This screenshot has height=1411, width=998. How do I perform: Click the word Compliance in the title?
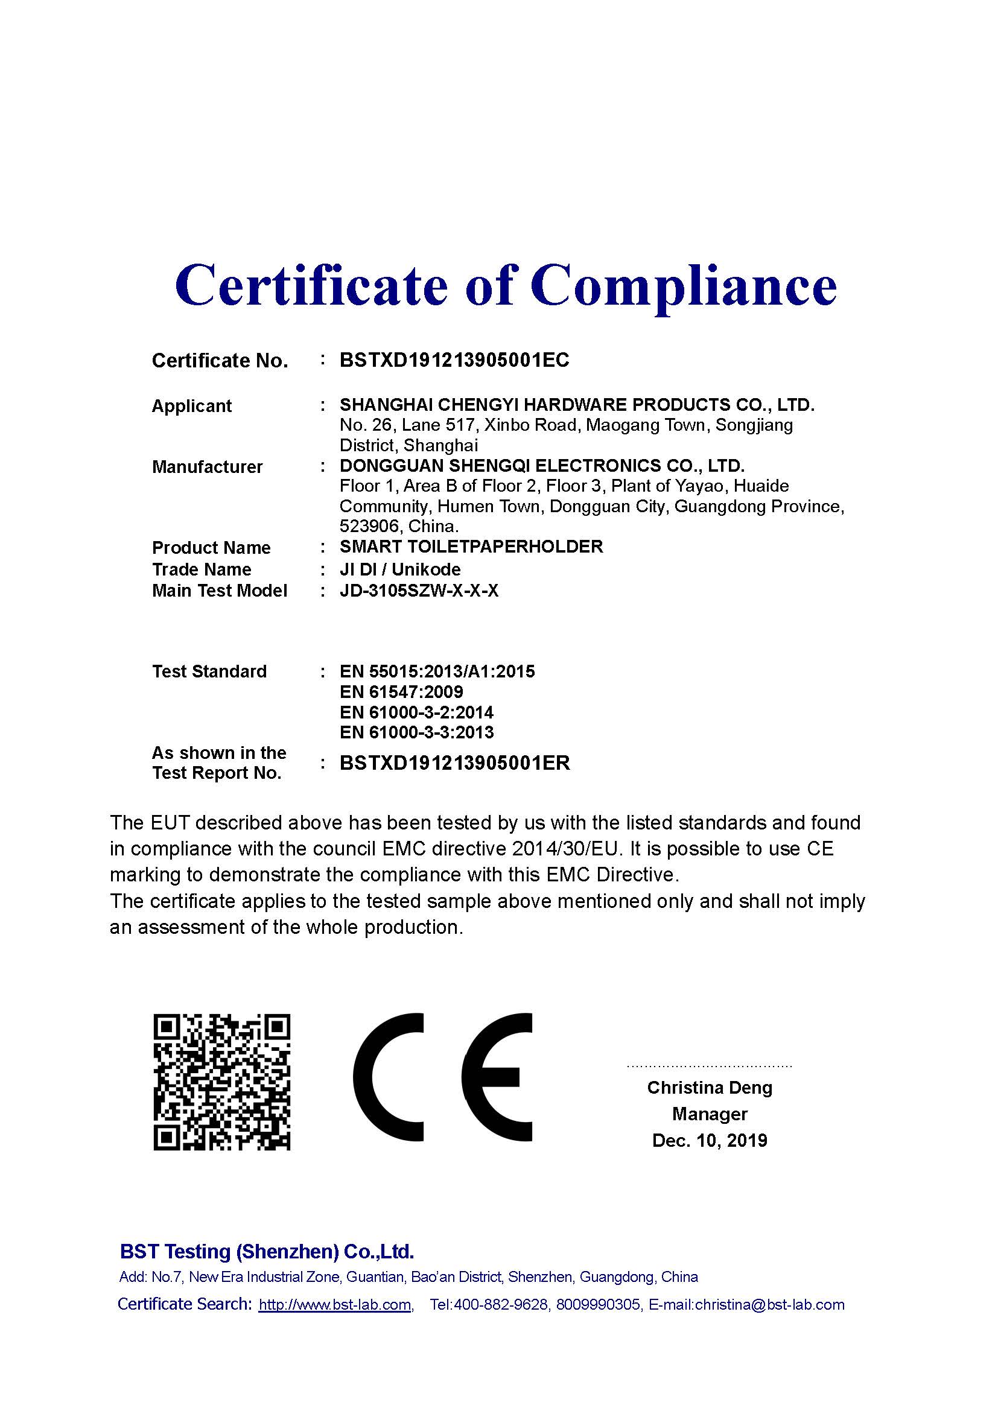684,286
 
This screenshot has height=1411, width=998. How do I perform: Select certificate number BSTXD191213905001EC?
454,360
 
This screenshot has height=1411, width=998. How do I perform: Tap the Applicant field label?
192,406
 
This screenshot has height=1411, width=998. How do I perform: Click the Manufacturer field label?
207,467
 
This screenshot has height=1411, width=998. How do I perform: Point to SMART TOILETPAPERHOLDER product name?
471,547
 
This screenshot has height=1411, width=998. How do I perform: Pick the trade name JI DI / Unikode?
400,569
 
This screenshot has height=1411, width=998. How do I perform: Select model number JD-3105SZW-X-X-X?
419,591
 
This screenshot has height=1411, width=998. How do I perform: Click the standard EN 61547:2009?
401,692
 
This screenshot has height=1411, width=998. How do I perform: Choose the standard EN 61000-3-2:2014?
417,712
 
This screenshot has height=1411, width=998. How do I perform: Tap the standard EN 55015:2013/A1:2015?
437,671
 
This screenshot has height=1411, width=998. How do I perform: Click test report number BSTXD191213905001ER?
455,763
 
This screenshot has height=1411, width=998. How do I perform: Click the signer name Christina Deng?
709,1088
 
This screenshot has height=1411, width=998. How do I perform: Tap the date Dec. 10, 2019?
709,1141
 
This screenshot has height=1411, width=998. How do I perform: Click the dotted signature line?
709,1066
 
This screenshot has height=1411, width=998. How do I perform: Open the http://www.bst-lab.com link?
335,1305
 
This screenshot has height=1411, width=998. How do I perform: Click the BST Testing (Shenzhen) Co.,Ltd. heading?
267,1252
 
